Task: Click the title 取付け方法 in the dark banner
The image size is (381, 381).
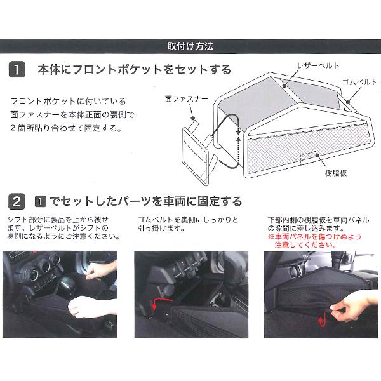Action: tap(190, 46)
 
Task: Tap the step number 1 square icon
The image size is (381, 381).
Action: tap(17, 69)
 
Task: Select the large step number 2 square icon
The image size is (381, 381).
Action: tap(17, 201)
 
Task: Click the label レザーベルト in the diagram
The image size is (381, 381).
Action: tap(318, 65)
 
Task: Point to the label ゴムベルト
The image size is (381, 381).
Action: tap(359, 82)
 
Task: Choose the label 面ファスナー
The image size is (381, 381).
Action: tap(187, 99)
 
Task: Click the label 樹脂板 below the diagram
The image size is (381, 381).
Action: tap(336, 173)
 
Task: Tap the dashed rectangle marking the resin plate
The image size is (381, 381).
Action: tap(308, 157)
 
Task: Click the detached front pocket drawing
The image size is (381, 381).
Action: tap(196, 156)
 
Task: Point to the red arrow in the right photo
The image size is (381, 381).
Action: tap(322, 320)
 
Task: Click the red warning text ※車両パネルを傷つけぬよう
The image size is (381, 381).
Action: tap(314, 236)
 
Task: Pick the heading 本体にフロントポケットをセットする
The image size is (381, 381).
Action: tap(135, 70)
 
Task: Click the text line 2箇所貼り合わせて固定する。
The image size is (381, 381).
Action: tap(66, 128)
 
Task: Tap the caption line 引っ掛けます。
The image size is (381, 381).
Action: tap(161, 228)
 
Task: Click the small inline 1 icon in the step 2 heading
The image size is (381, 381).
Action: tap(41, 202)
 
